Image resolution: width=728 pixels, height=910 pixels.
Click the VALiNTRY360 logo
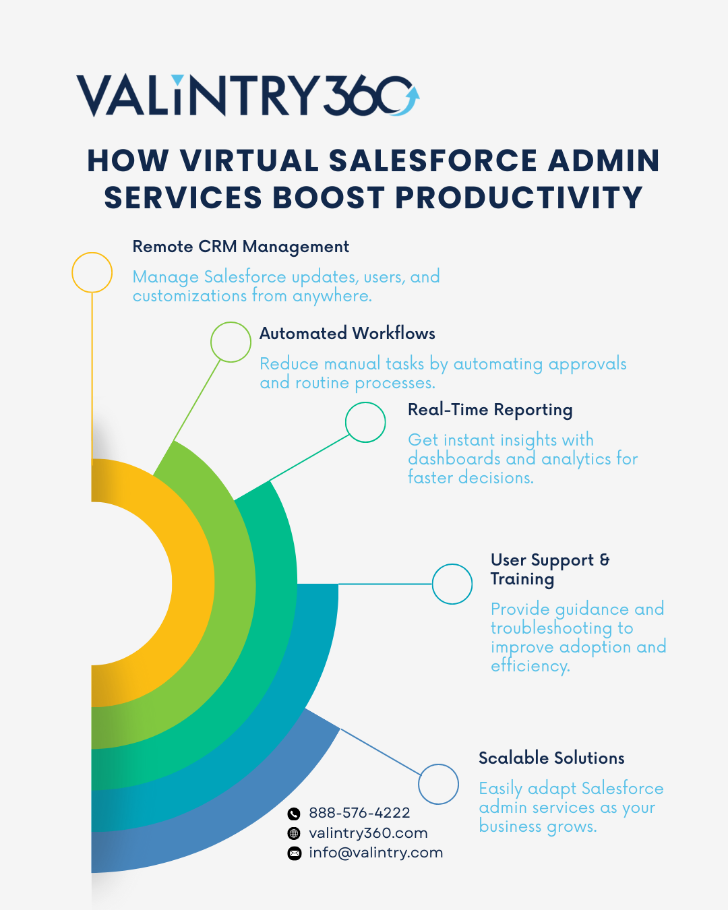click(248, 96)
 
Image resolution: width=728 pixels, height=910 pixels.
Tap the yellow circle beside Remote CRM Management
click(92, 253)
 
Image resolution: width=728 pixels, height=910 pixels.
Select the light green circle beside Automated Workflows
click(231, 322)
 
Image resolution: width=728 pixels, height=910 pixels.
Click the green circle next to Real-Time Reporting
click(365, 402)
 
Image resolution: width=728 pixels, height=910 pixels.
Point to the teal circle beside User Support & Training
click(452, 564)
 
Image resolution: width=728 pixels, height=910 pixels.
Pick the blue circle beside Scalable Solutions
click(438, 764)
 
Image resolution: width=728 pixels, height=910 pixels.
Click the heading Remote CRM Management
click(241, 247)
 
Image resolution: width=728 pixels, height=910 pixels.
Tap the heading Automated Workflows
click(347, 333)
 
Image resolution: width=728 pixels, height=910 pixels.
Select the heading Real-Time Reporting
click(490, 411)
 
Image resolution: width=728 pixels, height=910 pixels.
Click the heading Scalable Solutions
click(551, 758)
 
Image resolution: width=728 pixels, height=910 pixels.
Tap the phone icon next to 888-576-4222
click(294, 813)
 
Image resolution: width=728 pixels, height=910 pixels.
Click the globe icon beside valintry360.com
click(294, 833)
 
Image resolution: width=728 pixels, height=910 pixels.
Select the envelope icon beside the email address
click(295, 853)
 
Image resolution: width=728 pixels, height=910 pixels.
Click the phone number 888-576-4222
click(359, 813)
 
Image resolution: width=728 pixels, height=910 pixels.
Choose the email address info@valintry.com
click(376, 853)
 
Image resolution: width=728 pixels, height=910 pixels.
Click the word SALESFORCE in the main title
click(433, 160)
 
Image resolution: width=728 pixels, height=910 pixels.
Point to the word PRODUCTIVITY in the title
click(519, 198)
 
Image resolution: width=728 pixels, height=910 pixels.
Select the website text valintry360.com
click(369, 833)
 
